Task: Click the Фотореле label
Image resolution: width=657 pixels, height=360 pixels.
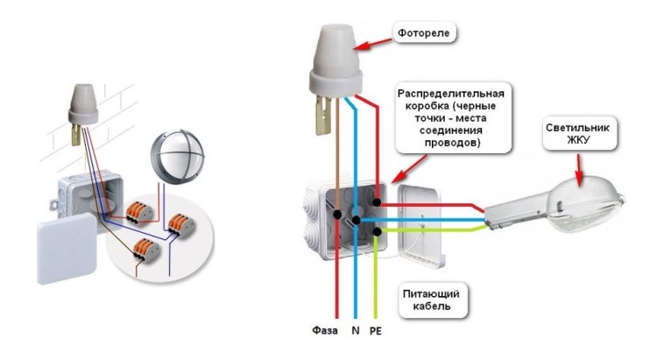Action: [424, 33]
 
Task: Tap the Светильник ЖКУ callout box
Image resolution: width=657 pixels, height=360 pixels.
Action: [580, 134]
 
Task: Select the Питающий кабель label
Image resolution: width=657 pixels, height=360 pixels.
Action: [431, 300]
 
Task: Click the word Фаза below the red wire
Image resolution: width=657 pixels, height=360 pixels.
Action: [325, 330]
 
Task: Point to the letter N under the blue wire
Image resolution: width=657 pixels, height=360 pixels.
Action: [356, 330]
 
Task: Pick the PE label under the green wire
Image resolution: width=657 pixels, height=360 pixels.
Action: [376, 331]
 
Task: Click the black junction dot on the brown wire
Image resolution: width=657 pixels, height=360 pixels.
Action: [337, 215]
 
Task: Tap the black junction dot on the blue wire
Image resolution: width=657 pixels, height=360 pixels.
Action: [356, 220]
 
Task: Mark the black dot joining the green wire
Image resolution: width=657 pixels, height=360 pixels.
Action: [377, 231]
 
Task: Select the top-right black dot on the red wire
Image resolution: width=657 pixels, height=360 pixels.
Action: [377, 203]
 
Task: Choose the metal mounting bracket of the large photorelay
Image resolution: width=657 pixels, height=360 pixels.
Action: [323, 115]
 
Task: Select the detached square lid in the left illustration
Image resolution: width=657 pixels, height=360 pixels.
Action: [67, 248]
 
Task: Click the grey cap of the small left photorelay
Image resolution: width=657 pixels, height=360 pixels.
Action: [83, 105]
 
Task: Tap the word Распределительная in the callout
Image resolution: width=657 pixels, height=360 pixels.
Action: [451, 94]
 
